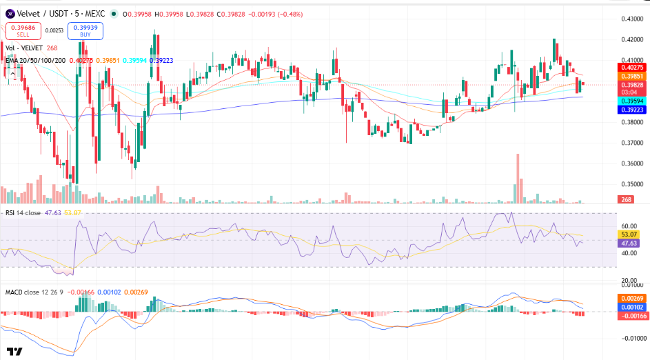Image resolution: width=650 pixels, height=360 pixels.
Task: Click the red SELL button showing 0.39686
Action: pyautogui.click(x=23, y=31)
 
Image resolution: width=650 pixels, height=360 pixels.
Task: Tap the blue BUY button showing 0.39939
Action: pyautogui.click(x=85, y=31)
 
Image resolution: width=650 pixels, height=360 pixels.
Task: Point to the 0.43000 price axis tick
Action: pyautogui.click(x=632, y=19)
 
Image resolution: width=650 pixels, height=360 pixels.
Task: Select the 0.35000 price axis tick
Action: pyautogui.click(x=632, y=184)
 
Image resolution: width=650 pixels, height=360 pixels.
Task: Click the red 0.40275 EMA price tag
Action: pyautogui.click(x=632, y=68)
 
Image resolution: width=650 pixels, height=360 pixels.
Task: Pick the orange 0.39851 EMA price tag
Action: pyautogui.click(x=632, y=77)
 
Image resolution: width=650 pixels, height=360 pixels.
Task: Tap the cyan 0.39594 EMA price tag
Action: pyautogui.click(x=632, y=101)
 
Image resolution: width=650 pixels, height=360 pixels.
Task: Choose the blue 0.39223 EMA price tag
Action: pyautogui.click(x=632, y=110)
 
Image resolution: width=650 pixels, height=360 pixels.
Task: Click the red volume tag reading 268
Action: pyautogui.click(x=626, y=199)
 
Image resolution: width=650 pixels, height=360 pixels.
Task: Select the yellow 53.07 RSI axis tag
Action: pyautogui.click(x=629, y=234)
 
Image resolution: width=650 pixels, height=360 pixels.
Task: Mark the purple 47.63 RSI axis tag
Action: pyautogui.click(x=629, y=243)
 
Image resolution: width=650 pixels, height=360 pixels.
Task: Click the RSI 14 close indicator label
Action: pyautogui.click(x=23, y=213)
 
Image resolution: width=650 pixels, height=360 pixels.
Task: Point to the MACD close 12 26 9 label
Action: pyautogui.click(x=34, y=292)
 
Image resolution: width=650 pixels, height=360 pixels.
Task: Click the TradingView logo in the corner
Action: pyautogui.click(x=14, y=352)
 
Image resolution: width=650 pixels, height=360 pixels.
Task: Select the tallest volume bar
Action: pyautogui.click(x=518, y=179)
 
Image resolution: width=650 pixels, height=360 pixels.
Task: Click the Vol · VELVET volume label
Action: pyautogui.click(x=24, y=48)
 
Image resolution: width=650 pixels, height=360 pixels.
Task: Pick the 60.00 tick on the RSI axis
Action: pyautogui.click(x=629, y=226)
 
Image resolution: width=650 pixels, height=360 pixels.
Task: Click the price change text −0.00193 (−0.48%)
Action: pyautogui.click(x=275, y=14)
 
